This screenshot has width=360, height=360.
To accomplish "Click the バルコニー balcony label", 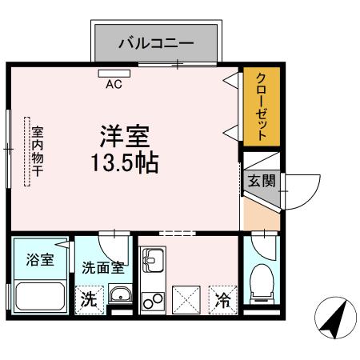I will click(155, 42).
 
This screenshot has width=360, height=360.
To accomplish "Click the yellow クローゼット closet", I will click(256, 107).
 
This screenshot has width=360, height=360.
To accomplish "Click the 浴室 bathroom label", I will click(41, 261).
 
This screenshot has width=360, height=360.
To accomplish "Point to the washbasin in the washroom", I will click(120, 297).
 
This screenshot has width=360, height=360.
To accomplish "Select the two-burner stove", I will click(152, 301).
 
